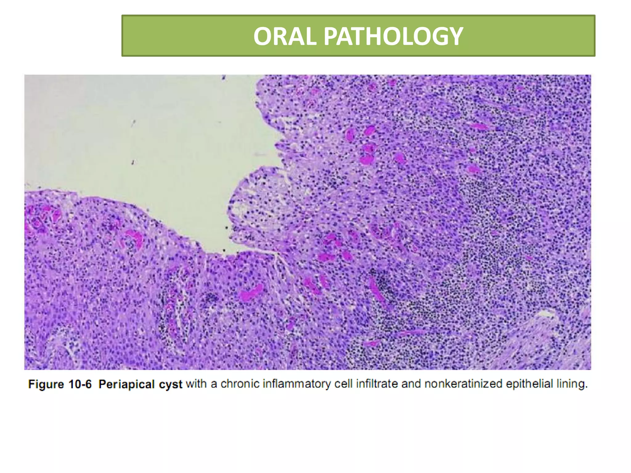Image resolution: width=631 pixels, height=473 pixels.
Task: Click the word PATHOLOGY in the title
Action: [393, 36]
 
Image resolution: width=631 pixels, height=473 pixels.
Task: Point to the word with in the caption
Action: [197, 384]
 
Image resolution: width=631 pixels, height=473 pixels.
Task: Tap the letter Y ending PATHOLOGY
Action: [455, 36]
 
